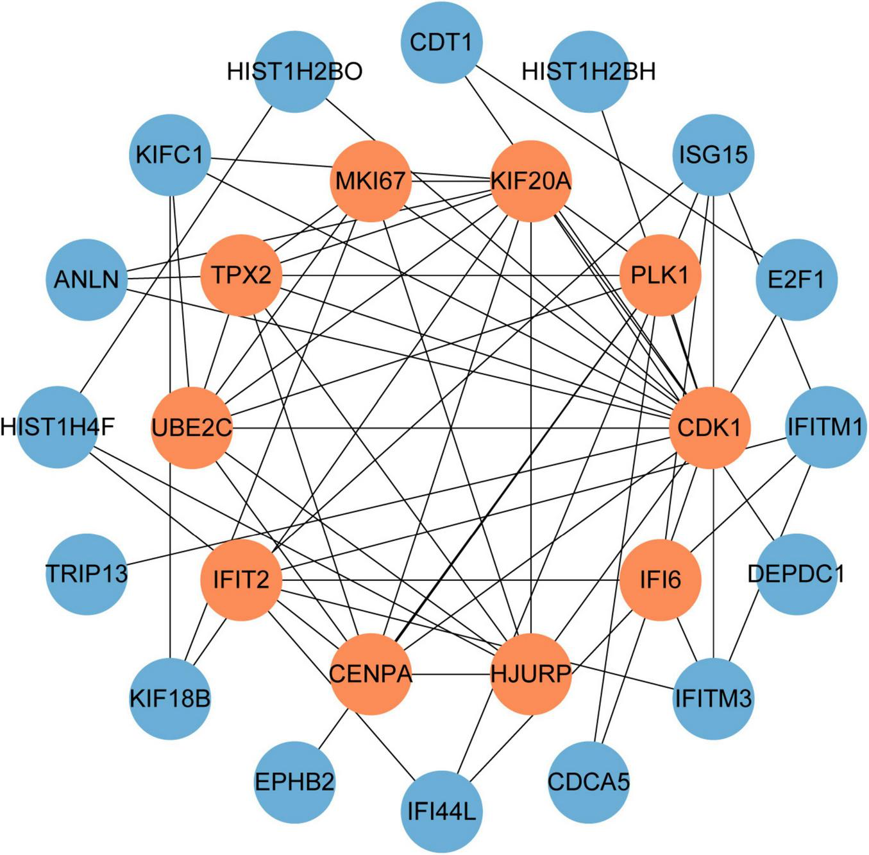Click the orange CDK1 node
[x=709, y=427]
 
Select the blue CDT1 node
[x=441, y=42]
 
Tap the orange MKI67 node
[x=371, y=181]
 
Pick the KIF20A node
[x=531, y=181]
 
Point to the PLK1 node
[x=660, y=275]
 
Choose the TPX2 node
[x=241, y=275]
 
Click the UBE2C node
[x=191, y=427]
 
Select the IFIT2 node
[x=241, y=580]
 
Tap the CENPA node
[x=371, y=674]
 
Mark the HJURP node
[x=531, y=674]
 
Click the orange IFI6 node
[x=660, y=580]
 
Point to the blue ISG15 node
[x=713, y=155]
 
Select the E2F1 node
[x=796, y=280]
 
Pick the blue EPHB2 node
[x=294, y=782]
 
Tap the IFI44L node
[x=441, y=812]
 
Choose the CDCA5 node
[x=589, y=782]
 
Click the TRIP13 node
[x=87, y=573]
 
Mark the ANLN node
[x=87, y=280]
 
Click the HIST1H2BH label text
[x=589, y=71]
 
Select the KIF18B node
[x=170, y=698]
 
